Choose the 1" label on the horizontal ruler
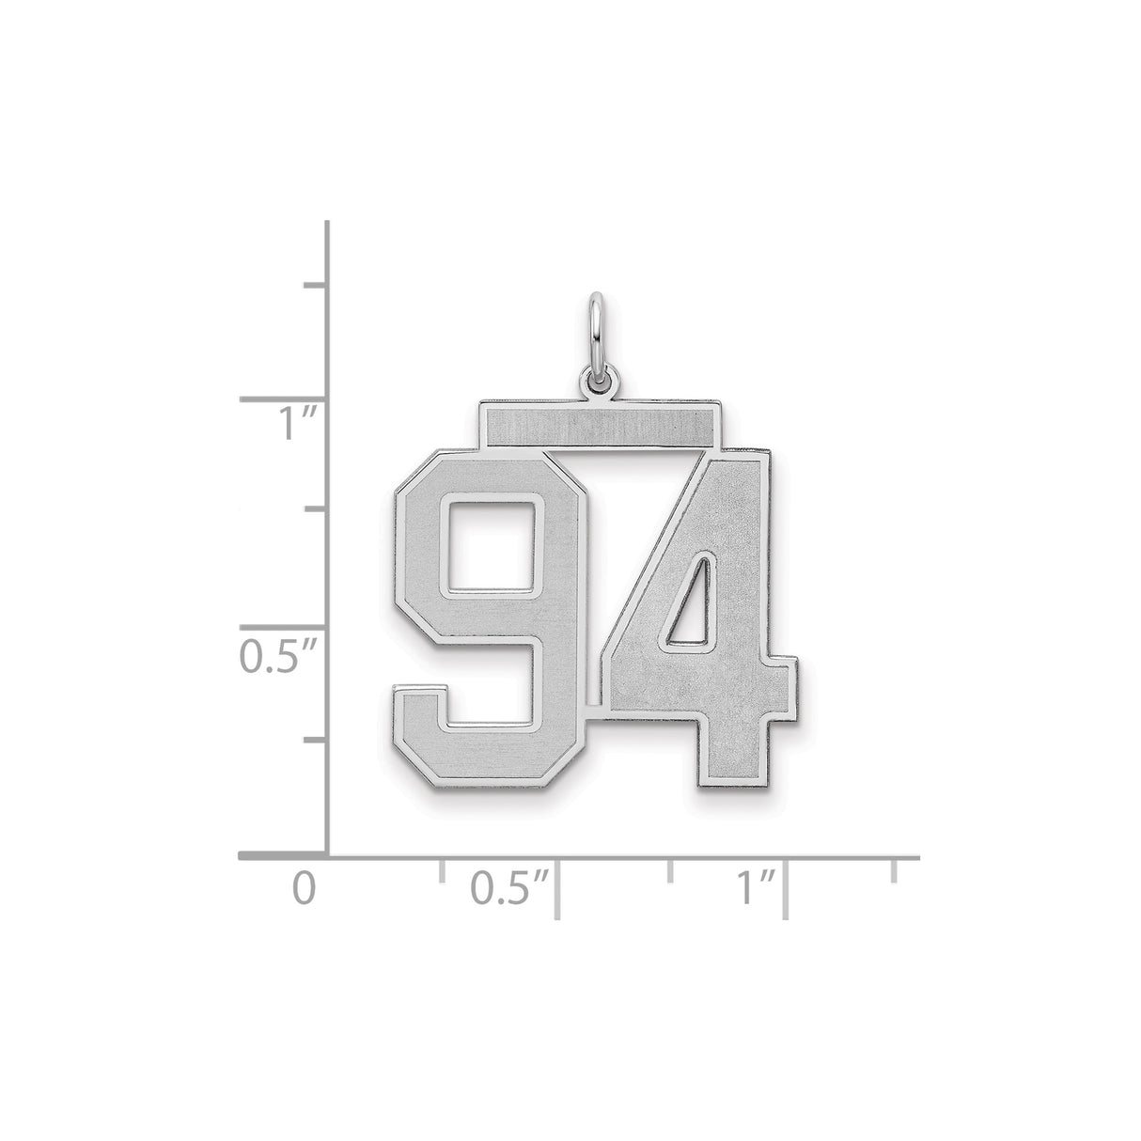[x=754, y=887]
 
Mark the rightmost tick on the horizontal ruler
[x=894, y=869]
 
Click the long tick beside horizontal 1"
[x=786, y=887]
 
